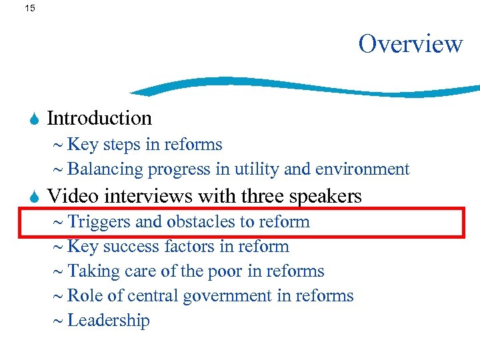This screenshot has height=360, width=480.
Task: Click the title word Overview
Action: (410, 44)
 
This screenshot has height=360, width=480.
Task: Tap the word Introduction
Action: (99, 118)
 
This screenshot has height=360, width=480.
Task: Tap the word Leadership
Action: (109, 321)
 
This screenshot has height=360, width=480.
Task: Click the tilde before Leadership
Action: (57, 321)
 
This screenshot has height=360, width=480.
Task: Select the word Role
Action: (83, 296)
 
